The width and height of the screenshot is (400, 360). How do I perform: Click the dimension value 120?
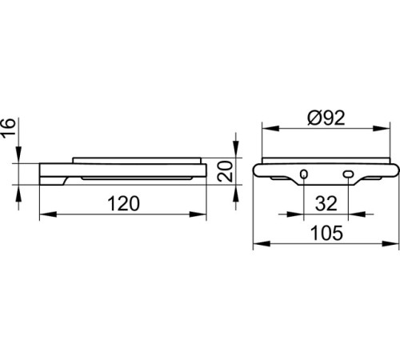[x=123, y=204]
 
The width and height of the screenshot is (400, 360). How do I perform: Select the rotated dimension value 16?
[x=8, y=126]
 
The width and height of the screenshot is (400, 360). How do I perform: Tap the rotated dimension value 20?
[x=225, y=171]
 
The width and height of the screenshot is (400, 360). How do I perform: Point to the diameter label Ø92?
[x=326, y=118]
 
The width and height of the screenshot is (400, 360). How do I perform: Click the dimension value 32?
[x=326, y=204]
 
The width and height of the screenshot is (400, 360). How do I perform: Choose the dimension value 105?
[x=326, y=233]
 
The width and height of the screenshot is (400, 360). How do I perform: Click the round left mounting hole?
[x=304, y=174]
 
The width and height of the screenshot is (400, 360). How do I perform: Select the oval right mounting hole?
[x=348, y=174]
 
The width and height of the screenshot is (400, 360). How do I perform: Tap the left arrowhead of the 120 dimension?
[x=48, y=214]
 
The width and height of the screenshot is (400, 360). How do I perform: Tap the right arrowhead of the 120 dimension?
[x=198, y=214]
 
